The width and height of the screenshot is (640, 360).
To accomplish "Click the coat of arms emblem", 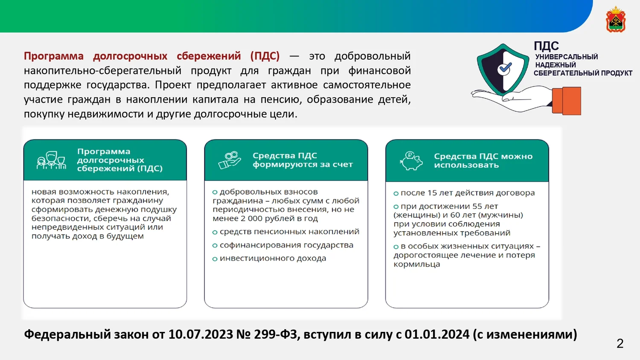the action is pos(616,19).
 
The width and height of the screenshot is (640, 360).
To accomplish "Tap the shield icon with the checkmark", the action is pos(503,70).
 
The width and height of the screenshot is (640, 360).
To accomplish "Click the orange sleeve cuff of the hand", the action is pos(566,101).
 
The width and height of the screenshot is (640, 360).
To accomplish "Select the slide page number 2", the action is pos(620,343).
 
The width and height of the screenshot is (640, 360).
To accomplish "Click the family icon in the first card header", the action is pos(52,160).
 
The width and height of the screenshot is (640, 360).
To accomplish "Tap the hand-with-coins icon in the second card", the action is pos(230,160).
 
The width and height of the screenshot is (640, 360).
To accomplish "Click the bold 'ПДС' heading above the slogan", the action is pos(546,46).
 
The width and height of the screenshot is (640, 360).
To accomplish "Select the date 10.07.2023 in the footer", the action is pos(201,334).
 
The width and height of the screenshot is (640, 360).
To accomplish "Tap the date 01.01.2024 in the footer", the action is pos(437,334).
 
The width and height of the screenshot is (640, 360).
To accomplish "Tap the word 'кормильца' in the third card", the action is pos(416,264).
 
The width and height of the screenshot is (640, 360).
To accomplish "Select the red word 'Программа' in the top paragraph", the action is pos(53,56).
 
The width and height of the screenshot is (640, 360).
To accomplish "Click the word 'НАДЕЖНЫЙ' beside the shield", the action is pos(556,65).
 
